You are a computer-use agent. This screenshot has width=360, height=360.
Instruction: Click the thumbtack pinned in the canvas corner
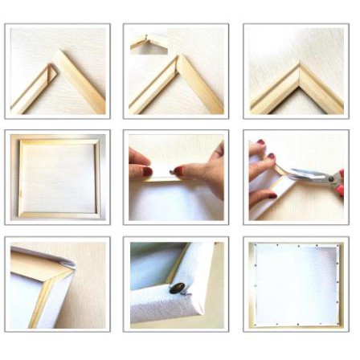[176, 287]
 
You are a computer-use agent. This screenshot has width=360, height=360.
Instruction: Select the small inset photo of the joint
[149, 41]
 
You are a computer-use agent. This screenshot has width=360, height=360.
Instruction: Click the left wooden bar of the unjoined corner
[32, 90]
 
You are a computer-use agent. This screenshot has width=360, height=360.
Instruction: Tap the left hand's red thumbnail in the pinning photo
[147, 171]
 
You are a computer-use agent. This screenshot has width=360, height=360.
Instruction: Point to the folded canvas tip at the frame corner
[66, 261]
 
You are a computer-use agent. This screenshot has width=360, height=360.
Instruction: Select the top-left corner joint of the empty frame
[22, 142]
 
